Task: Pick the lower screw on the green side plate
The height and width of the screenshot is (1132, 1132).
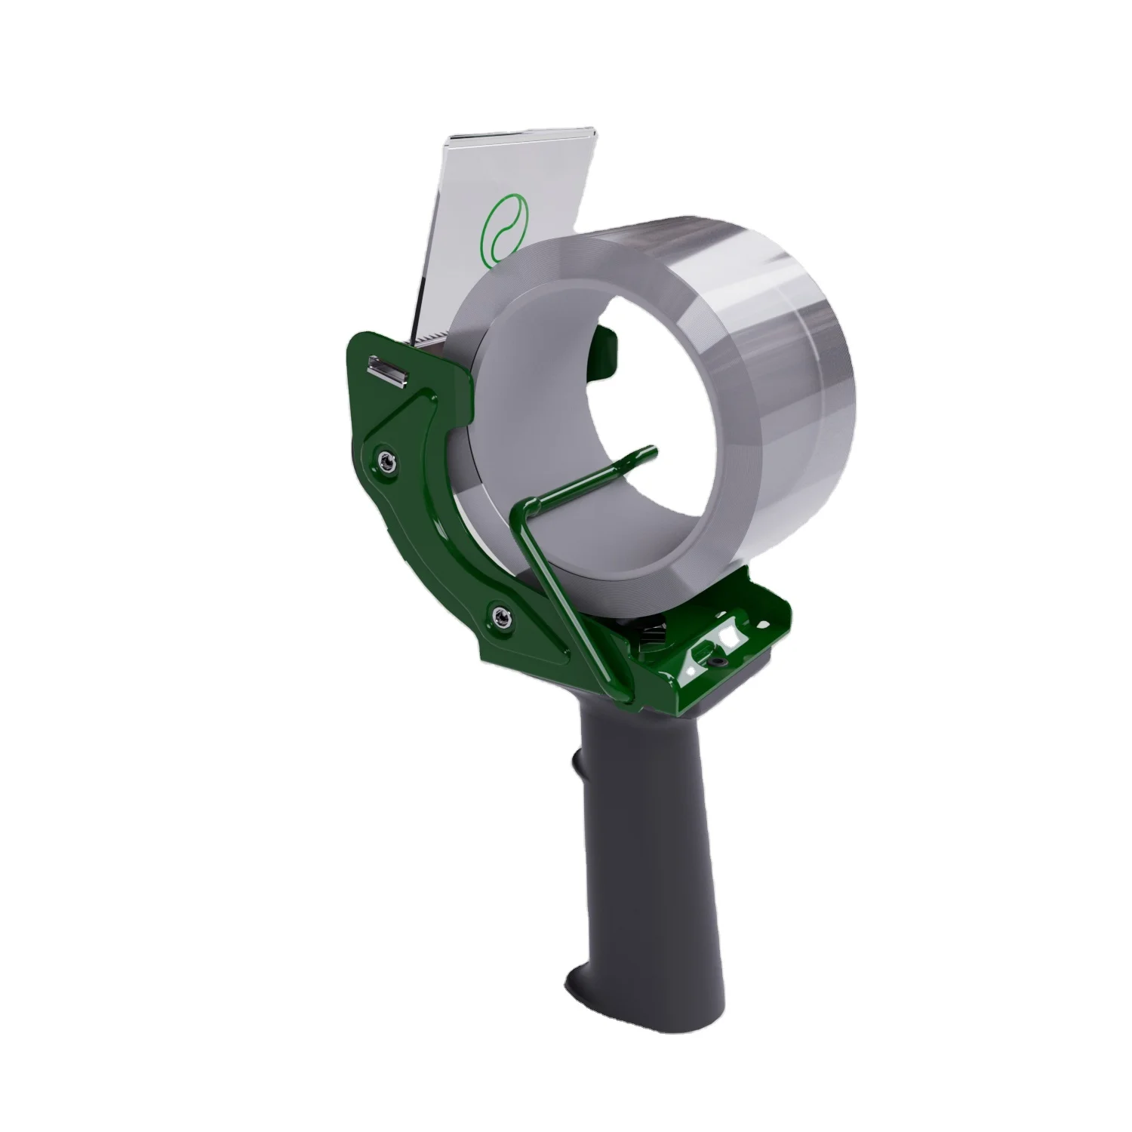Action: [499, 617]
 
